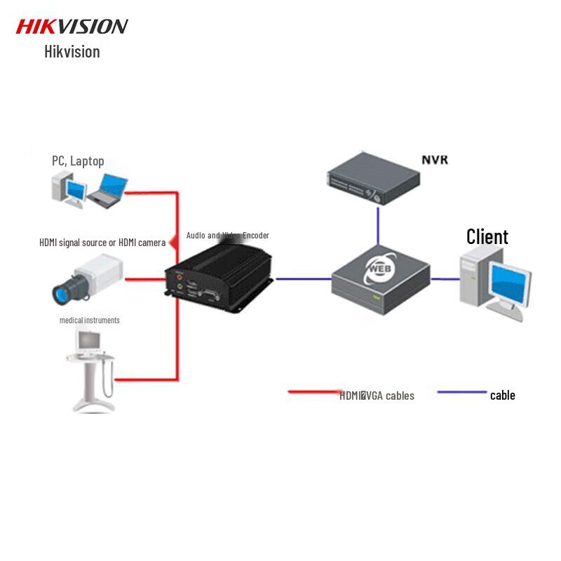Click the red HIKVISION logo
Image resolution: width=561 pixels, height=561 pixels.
72,27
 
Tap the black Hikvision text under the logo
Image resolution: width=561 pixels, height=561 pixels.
72,52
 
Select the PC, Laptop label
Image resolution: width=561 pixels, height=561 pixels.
78,161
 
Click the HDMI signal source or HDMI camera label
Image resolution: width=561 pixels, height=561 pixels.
102,243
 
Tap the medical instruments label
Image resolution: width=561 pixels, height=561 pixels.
89,320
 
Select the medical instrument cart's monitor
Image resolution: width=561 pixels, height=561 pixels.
88,342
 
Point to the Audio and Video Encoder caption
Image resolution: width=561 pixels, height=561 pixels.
227,236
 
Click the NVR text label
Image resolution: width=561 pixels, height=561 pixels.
434,160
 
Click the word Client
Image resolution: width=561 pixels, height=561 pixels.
487,237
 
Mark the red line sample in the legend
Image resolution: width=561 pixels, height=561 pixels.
313,392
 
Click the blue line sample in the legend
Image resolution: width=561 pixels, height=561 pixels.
461,392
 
